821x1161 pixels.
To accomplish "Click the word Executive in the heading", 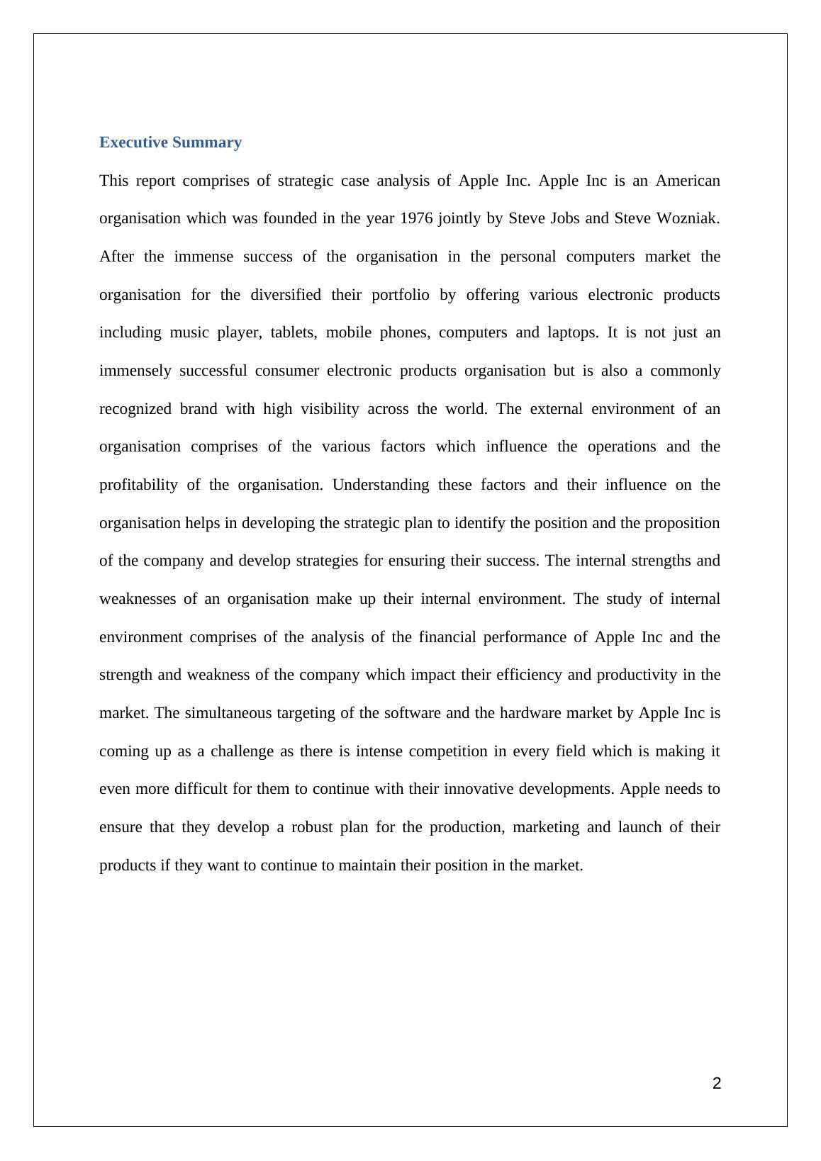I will [x=133, y=142].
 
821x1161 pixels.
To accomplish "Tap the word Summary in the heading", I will [x=207, y=142].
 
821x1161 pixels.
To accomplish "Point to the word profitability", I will [x=138, y=485].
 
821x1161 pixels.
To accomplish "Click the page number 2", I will [x=717, y=1083].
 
